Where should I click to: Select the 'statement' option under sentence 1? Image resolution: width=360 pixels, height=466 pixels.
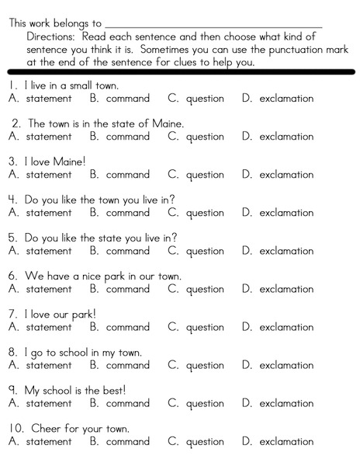click(48, 99)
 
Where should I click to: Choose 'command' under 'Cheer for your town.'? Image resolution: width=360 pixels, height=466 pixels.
click(127, 442)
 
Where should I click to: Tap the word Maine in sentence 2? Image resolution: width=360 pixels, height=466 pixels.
click(167, 123)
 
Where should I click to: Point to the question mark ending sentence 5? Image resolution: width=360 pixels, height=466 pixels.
click(175, 238)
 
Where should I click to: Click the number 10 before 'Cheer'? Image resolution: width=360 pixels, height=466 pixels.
click(16, 429)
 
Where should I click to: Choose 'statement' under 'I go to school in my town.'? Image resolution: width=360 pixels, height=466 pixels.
click(48, 365)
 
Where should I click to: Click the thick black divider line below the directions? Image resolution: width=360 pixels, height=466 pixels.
click(180, 71)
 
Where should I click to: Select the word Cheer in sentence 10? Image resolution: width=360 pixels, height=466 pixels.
click(47, 429)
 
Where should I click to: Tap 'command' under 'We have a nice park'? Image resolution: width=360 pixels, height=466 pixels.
click(127, 289)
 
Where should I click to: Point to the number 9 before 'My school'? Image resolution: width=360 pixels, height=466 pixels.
click(13, 391)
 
